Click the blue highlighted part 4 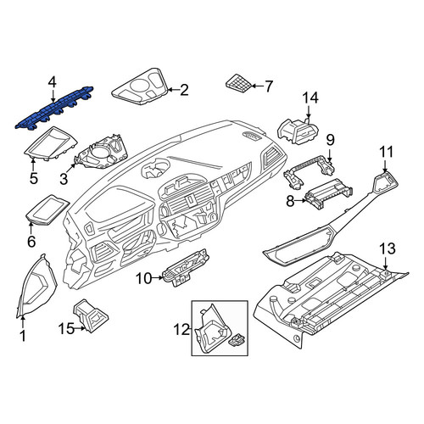coord(53,109)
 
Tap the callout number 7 coord(268,86)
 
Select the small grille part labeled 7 coord(238,83)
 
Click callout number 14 coord(310,98)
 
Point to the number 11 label coord(386,152)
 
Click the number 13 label coord(388,248)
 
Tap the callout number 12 coord(181,329)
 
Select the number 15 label coord(66,329)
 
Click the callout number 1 coord(23,336)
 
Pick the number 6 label coord(31,242)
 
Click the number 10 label coord(144,278)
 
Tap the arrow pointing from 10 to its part coord(158,278)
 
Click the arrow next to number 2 coord(174,90)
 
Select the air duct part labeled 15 coord(91,315)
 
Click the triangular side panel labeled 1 coord(36,285)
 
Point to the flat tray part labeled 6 coord(47,209)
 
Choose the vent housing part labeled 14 coord(298,130)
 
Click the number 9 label coord(330,140)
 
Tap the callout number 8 coord(290,202)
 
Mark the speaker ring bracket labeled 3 coord(102,153)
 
